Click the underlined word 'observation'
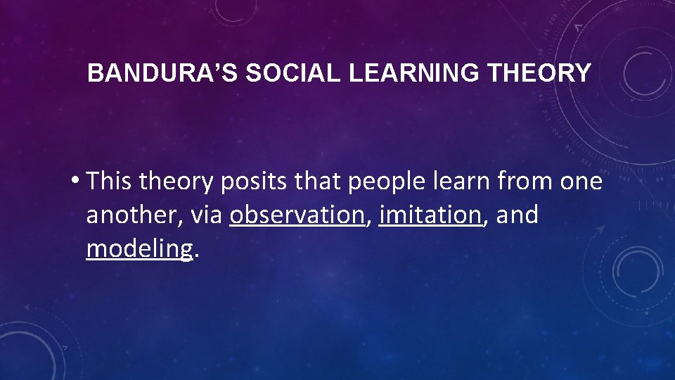(x=296, y=215)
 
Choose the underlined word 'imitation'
(x=430, y=215)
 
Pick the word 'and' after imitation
(x=517, y=215)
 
